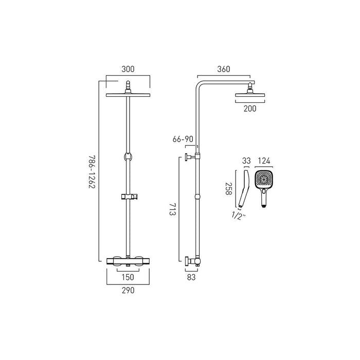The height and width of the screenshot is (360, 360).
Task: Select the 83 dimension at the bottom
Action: coord(191,276)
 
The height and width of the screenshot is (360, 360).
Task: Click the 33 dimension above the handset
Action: coord(246,161)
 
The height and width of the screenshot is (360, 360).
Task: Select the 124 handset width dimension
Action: coord(265,161)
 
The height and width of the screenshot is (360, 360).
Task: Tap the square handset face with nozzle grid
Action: coord(265,180)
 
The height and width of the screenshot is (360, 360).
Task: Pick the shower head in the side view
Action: coord(249,94)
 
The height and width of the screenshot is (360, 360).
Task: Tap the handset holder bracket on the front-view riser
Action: coord(128,196)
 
